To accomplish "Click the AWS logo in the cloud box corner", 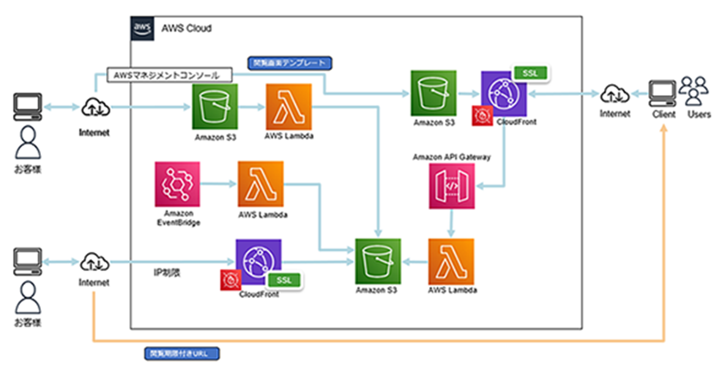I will click(x=142, y=28).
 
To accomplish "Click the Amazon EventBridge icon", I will click(x=177, y=184).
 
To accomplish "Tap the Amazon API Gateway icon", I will click(x=451, y=184).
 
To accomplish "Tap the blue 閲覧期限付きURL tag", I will click(x=182, y=354).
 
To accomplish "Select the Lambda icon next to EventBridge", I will click(x=261, y=184).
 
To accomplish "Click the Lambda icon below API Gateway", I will click(x=451, y=261).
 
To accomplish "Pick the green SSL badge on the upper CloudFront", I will click(x=530, y=73).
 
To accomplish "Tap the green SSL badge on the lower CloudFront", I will click(x=285, y=280).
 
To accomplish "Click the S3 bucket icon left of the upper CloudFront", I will click(x=433, y=93).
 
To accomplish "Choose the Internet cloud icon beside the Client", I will click(x=614, y=94).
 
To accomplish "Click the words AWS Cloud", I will click(x=187, y=28).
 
